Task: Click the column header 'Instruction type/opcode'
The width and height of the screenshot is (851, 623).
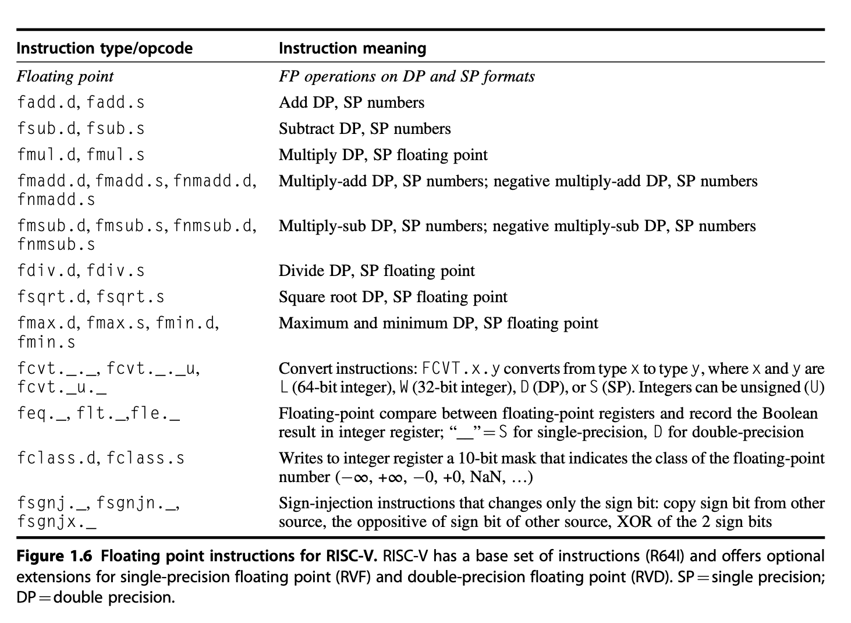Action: tap(105, 48)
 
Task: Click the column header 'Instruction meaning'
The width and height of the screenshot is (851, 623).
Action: tap(352, 48)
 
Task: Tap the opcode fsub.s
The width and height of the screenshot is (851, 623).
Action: tap(115, 129)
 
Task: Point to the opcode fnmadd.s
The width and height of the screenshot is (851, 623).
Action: tap(56, 200)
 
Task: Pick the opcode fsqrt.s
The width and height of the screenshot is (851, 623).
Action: tap(130, 297)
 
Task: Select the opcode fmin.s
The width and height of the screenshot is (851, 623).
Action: tap(47, 342)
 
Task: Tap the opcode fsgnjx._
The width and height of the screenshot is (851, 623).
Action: tap(56, 522)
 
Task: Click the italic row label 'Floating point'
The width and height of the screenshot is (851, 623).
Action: tap(65, 77)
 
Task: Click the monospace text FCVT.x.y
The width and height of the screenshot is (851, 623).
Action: tap(461, 369)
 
